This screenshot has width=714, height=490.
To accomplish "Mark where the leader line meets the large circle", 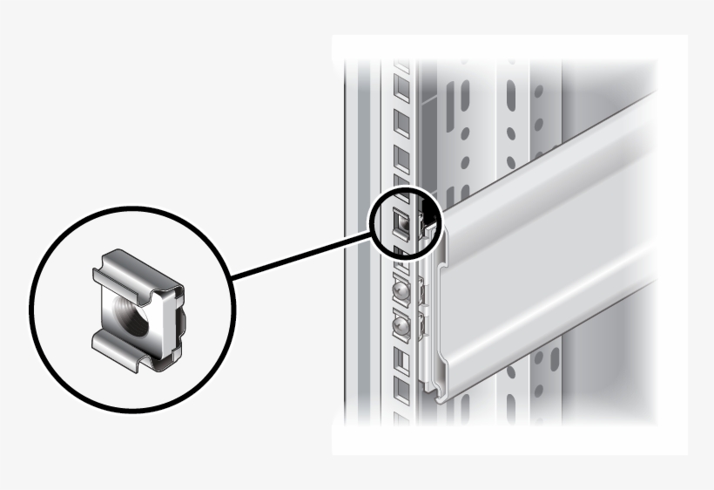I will pyautogui.click(x=233, y=278).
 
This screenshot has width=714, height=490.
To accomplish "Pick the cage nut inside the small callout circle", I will pyautogui.click(x=403, y=224).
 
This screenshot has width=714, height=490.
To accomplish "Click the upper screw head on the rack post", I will pyautogui.click(x=401, y=290).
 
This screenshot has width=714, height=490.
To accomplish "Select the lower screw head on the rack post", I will pyautogui.click(x=401, y=327).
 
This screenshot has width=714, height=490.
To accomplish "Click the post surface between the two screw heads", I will pyautogui.click(x=401, y=309).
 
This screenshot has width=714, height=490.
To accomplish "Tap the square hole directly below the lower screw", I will pyautogui.click(x=401, y=358).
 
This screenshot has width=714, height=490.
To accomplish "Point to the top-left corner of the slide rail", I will pyautogui.click(x=447, y=208).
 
